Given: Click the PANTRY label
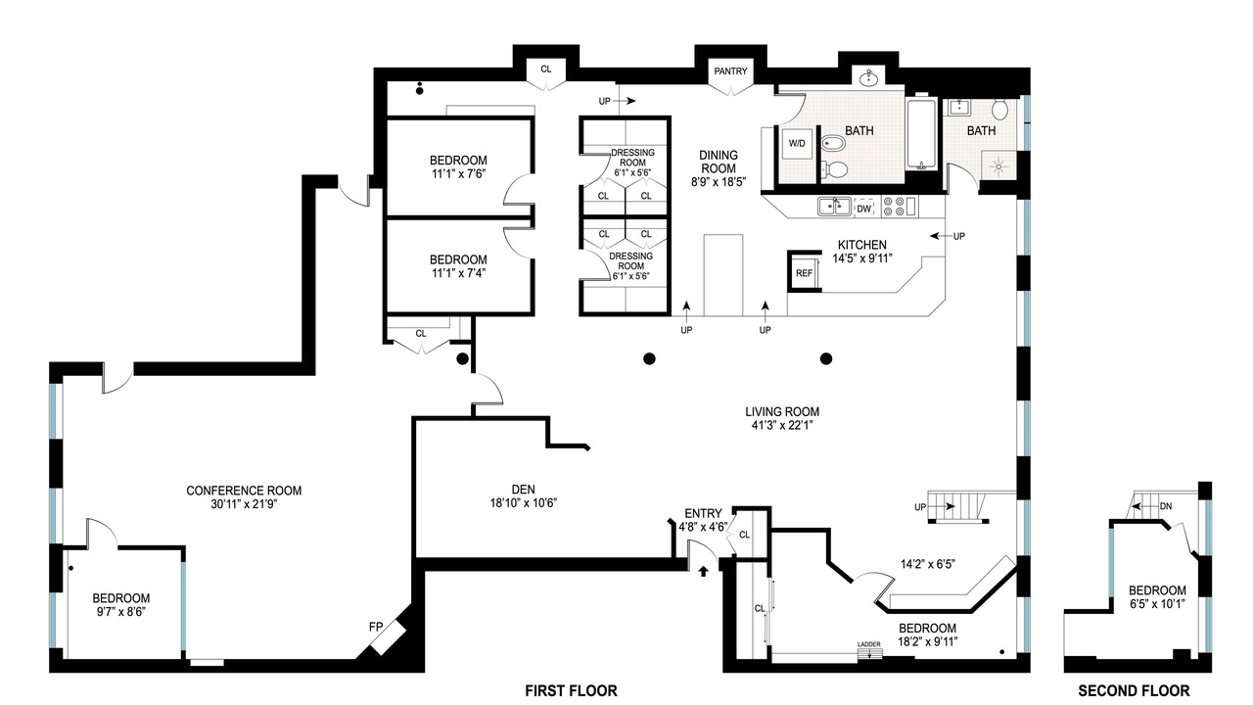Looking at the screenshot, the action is (x=730, y=71).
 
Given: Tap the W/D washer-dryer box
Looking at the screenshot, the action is (x=797, y=144).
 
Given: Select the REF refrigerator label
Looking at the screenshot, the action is (x=804, y=273).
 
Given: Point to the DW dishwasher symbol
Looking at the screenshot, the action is (x=864, y=209).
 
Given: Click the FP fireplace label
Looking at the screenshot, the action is (x=376, y=628).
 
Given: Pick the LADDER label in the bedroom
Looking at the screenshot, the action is (x=869, y=644).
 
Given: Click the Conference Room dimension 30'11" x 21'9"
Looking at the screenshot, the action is (x=244, y=504).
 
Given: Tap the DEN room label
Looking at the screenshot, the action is (x=523, y=490).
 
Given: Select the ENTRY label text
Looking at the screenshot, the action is (x=703, y=514).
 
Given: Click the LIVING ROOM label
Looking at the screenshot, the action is (x=782, y=412).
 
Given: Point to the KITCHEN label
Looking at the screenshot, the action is (x=862, y=245).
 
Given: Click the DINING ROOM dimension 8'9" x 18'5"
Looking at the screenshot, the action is (x=719, y=182).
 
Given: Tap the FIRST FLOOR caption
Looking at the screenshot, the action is (x=571, y=691).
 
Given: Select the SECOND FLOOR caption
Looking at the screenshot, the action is (x=1134, y=691).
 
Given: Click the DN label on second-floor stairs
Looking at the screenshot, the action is (x=1166, y=506).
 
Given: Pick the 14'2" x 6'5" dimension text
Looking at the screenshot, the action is (x=927, y=564).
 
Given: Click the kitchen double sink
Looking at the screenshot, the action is (x=834, y=207).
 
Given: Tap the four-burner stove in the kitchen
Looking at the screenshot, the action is (x=894, y=207).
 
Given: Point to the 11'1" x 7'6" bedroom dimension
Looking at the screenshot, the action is (x=458, y=174).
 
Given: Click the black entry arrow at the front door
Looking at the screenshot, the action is (x=703, y=571).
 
